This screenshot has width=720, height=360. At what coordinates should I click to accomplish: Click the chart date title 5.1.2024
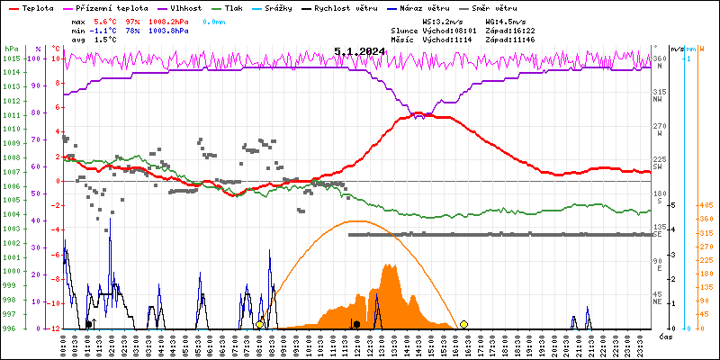[359, 52]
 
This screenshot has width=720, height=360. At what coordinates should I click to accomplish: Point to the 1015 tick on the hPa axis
[11, 58]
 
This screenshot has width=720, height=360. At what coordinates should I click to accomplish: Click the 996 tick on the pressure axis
[11, 328]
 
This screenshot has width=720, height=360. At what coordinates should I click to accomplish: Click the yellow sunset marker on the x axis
[463, 324]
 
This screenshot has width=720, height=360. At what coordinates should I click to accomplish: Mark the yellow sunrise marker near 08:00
[260, 324]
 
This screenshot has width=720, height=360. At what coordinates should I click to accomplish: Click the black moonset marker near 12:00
[357, 324]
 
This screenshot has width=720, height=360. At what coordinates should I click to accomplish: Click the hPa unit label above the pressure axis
[11, 49]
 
